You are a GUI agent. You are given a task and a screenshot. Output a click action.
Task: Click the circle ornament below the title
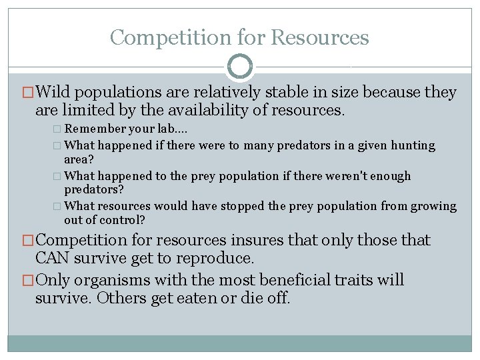(x=240, y=67)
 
